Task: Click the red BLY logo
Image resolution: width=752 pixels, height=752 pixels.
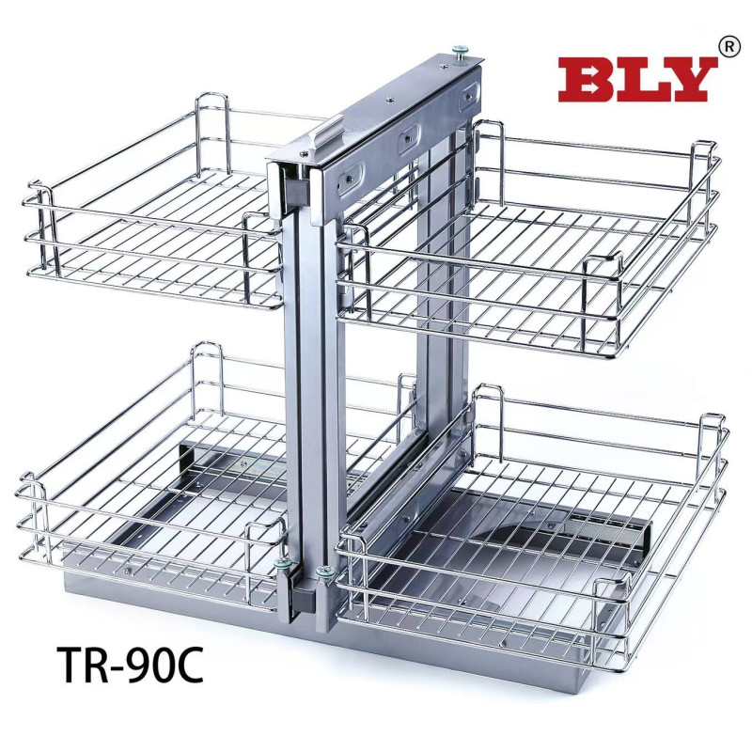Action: [637, 80]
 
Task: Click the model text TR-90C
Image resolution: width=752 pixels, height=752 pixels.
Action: [130, 665]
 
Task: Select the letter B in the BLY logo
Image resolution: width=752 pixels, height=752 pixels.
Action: [586, 80]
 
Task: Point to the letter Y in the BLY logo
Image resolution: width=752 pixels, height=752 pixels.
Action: [688, 80]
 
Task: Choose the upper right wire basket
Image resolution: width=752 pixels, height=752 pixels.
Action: [527, 240]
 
